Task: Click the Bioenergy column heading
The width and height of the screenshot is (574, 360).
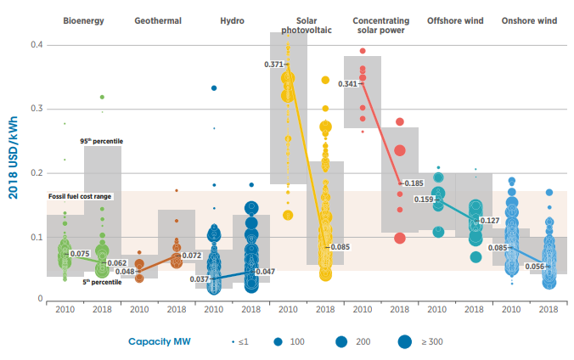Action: coord(83,20)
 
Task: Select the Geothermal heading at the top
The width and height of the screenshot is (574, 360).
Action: coord(158,20)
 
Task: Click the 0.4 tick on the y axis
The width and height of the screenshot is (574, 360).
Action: coord(37,44)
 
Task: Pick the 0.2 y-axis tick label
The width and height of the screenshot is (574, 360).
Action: coord(37,173)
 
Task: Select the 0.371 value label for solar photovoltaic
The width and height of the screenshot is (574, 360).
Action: coord(275,65)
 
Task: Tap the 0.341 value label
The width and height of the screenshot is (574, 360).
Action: coord(348,84)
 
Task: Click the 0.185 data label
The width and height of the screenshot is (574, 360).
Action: coord(414,183)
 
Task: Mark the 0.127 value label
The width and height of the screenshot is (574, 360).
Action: coord(490,221)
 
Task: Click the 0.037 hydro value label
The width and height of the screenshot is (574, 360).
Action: coord(200,278)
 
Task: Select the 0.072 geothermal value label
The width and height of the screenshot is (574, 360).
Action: coord(191,255)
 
